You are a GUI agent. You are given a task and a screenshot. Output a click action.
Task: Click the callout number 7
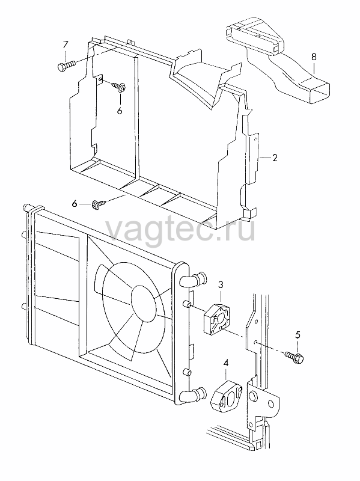tap(65, 45)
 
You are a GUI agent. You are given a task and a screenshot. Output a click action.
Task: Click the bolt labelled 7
tap(66, 66)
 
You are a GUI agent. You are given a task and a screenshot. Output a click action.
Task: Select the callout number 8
tap(313, 57)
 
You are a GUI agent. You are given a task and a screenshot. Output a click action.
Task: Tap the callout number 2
tap(275, 158)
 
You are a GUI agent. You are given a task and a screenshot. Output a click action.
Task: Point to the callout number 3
tap(221, 284)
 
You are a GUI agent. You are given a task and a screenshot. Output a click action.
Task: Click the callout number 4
tap(226, 364)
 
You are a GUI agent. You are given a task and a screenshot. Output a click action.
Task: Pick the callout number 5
tap(297, 334)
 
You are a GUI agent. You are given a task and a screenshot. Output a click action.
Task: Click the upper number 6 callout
tap(120, 111)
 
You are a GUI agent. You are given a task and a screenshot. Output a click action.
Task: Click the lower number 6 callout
tap(75, 203)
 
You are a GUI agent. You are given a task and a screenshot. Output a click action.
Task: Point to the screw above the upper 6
tap(118, 86)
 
